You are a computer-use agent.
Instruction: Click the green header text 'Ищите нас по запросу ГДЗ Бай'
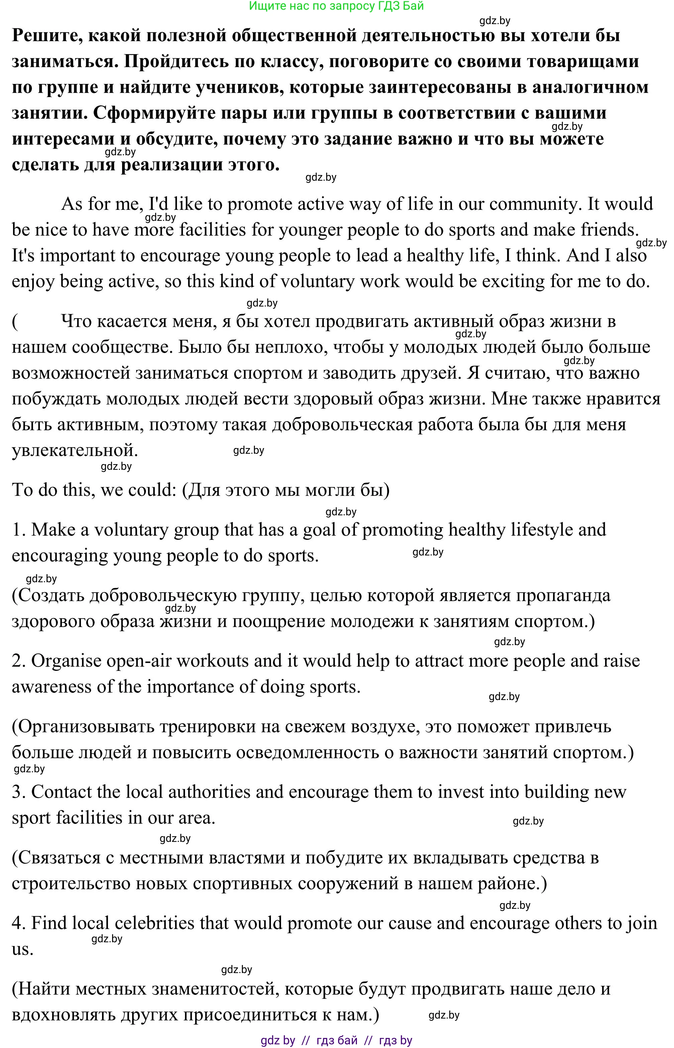point(336,6)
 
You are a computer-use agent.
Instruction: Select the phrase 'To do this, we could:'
point(94,490)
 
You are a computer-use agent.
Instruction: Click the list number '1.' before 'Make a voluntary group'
point(19,530)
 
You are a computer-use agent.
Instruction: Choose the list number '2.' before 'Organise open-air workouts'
point(19,661)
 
